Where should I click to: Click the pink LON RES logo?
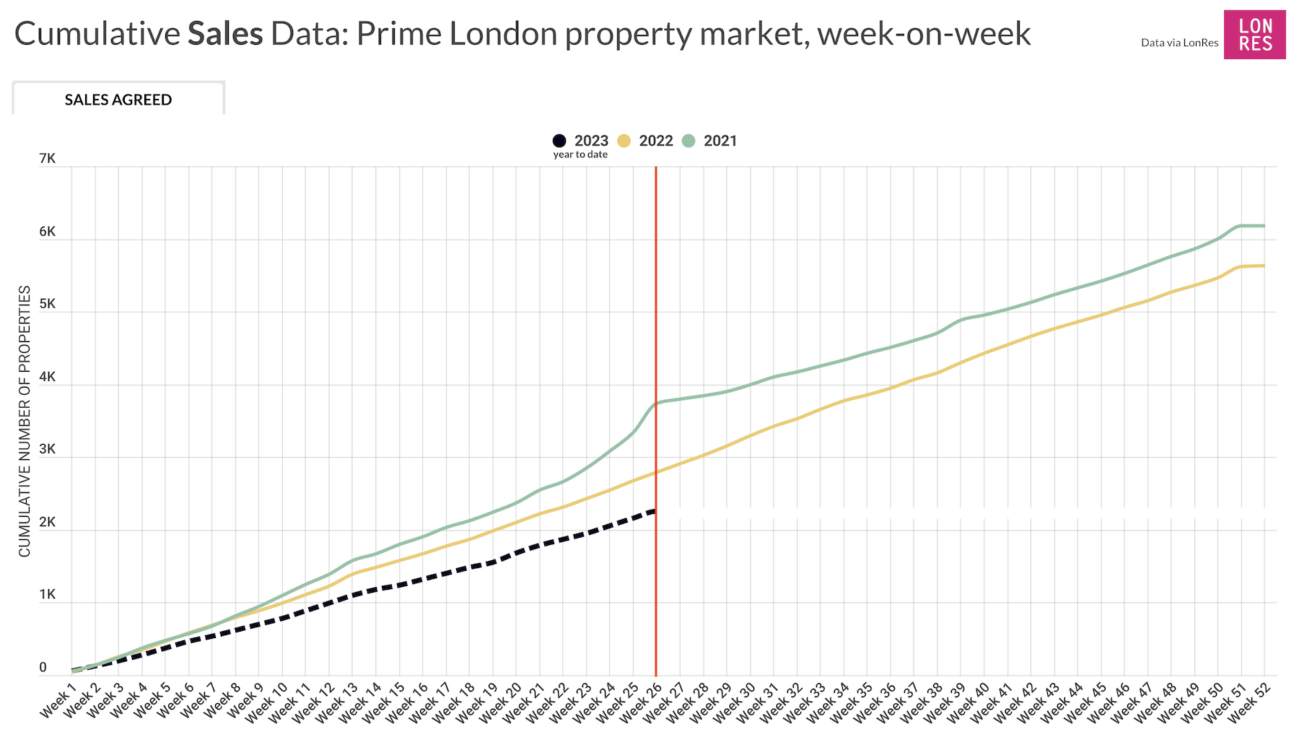(x=1254, y=35)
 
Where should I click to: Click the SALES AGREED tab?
(x=118, y=100)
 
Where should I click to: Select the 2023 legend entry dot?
(x=559, y=141)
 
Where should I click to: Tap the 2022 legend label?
(x=655, y=141)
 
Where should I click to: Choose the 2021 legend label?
(x=720, y=141)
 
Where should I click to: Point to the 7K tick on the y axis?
(x=48, y=159)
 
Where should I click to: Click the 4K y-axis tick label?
(x=48, y=377)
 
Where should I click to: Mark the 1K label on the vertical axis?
(x=48, y=595)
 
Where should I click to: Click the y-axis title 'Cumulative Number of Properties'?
(x=25, y=422)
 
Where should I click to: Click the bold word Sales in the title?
(x=225, y=34)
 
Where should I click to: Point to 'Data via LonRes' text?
(x=1179, y=43)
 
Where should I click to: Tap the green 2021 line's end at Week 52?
(x=1264, y=226)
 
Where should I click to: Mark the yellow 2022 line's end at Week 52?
(x=1264, y=266)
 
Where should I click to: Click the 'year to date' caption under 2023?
(x=580, y=154)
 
